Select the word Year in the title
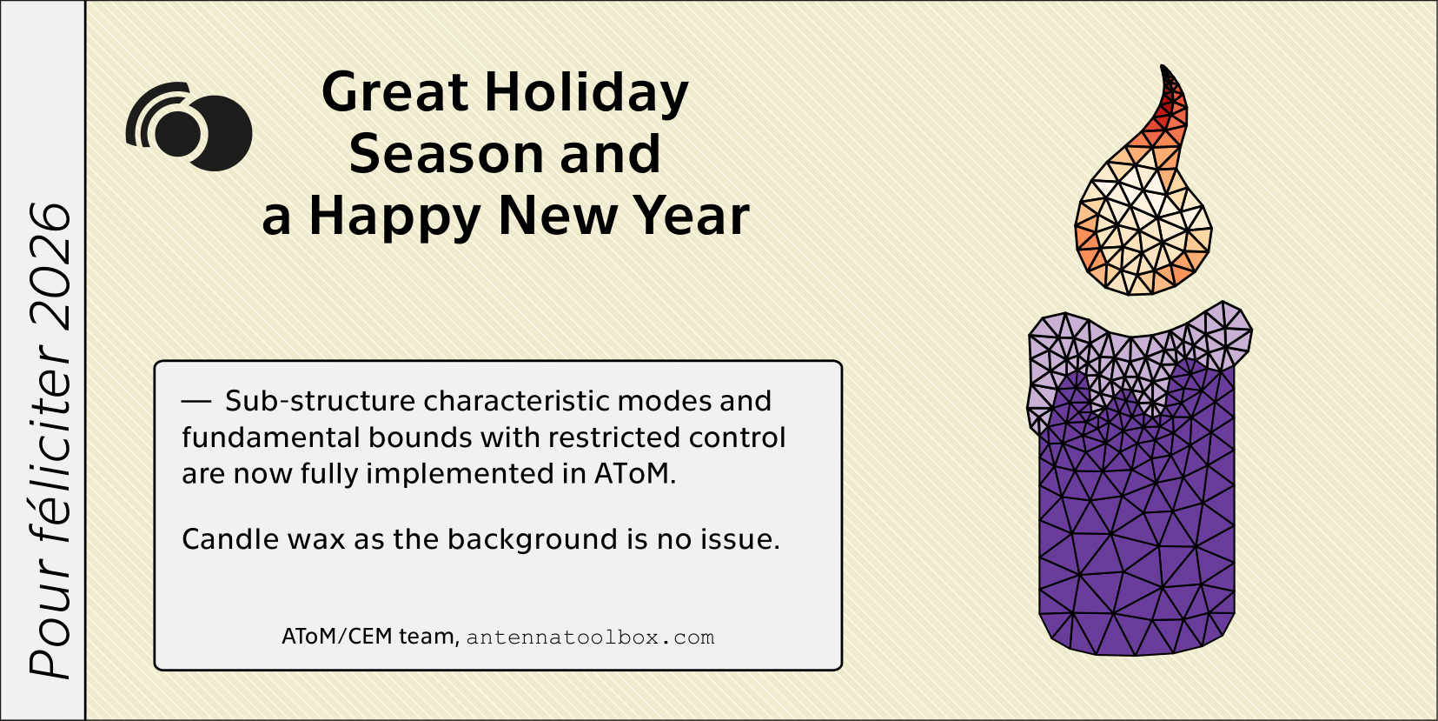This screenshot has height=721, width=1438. [x=691, y=216]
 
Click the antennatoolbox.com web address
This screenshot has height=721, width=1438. [x=590, y=638]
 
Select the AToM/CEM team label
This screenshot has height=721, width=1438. [x=370, y=636]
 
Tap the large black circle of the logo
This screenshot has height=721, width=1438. [x=217, y=134]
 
